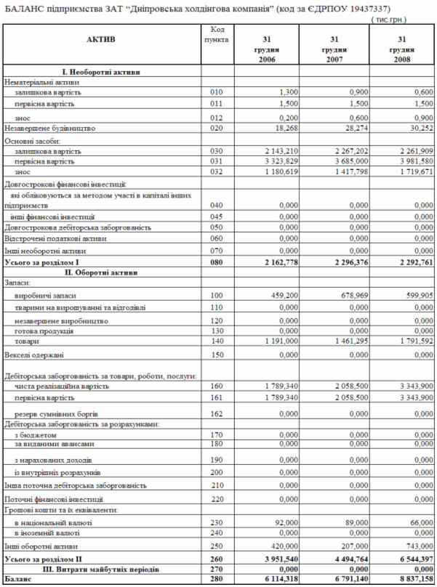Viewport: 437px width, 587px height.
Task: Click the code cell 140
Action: point(215,340)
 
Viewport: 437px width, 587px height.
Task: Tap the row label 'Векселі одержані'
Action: point(34,355)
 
